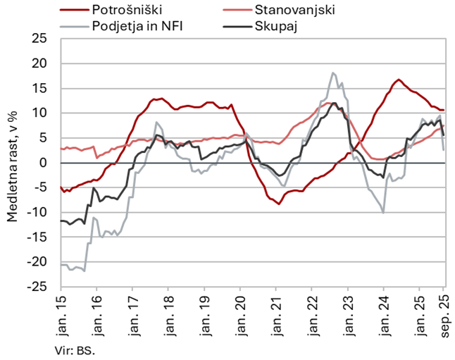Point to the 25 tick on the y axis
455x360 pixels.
pos(47,39)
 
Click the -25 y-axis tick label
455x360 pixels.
pos(44,287)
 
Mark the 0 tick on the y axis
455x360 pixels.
pos(50,163)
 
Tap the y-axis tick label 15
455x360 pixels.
pos(47,89)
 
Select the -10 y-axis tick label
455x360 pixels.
pos(44,213)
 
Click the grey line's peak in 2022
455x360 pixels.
pos(332,73)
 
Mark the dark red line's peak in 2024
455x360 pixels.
pos(399,80)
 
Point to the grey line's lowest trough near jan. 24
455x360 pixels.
pos(383,212)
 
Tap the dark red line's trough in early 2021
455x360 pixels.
pos(279,204)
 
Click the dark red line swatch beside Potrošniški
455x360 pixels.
pos(73,10)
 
